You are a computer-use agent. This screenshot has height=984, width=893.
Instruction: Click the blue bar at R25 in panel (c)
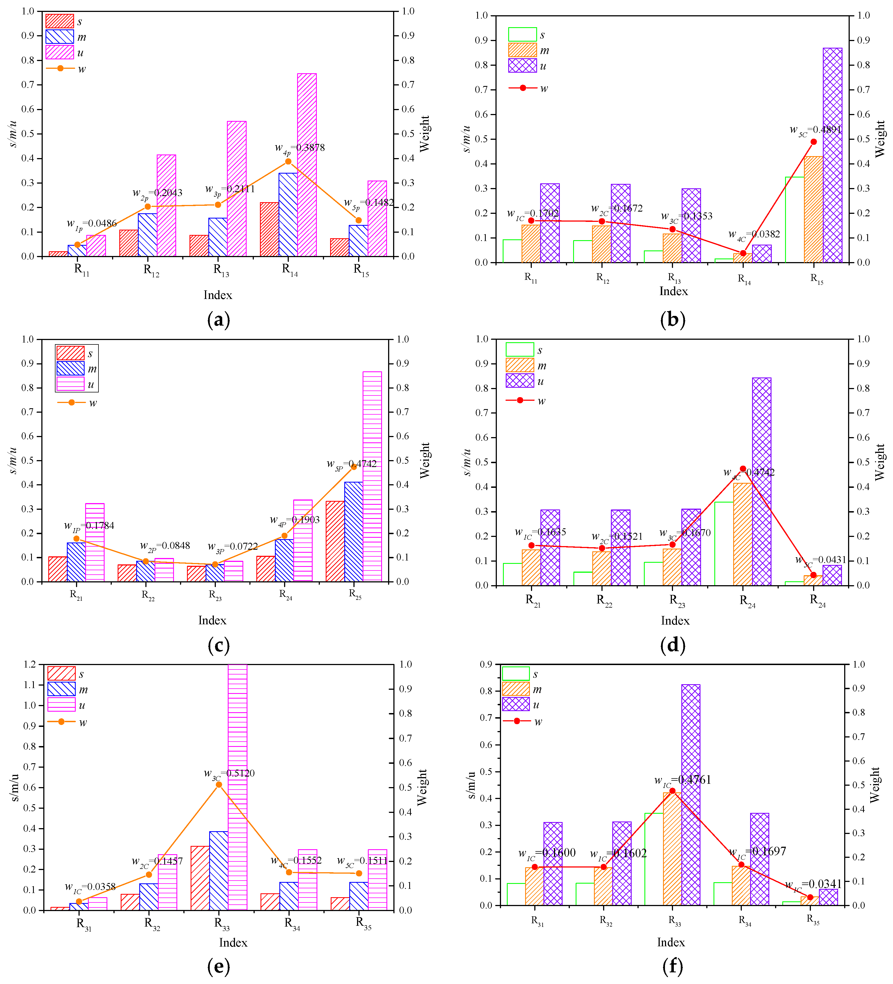pyautogui.click(x=353, y=532)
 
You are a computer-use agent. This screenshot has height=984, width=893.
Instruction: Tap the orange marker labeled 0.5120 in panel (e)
pyautogui.click(x=219, y=784)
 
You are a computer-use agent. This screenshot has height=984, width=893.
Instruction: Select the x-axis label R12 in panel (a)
pyautogui.click(x=151, y=270)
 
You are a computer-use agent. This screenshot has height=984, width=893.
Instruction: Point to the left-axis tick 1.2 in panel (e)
pyautogui.click(x=29, y=664)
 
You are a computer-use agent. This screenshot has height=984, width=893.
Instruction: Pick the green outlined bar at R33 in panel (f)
pyautogui.click(x=654, y=859)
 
